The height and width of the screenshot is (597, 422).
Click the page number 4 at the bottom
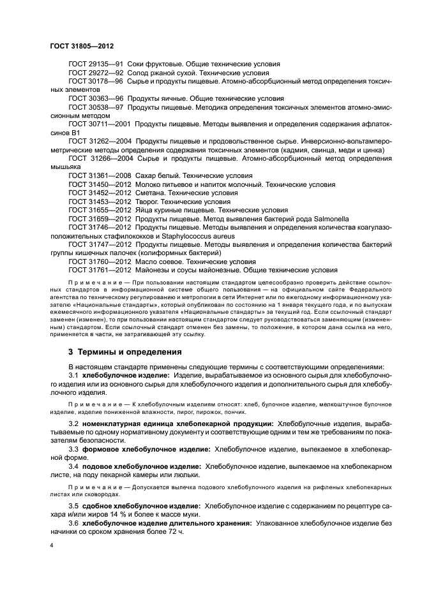click(x=51, y=546)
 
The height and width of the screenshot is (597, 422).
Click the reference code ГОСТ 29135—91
click(x=95, y=65)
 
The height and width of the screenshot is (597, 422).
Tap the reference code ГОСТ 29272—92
click(x=95, y=74)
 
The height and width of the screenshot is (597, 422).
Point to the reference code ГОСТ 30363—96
click(x=95, y=100)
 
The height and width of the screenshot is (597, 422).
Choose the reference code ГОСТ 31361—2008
click(x=99, y=175)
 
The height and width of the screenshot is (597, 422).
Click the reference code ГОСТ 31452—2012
click(x=99, y=193)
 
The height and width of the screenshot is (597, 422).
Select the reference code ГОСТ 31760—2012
click(x=99, y=262)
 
